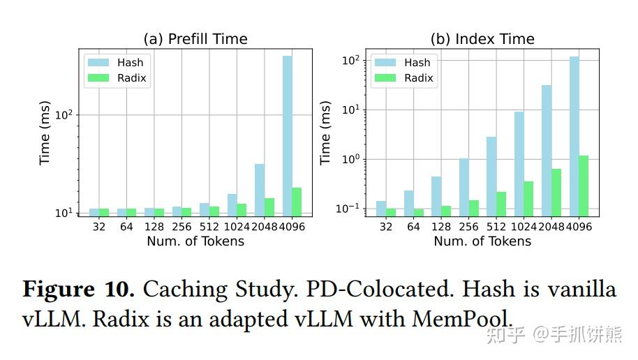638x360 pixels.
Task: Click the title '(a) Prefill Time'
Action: [x=195, y=39]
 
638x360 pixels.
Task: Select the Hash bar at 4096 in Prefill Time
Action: [x=287, y=135]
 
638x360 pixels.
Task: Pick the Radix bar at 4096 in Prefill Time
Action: [x=297, y=202]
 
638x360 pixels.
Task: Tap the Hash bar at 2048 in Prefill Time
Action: [x=259, y=190]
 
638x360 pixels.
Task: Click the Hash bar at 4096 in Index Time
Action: [x=574, y=136]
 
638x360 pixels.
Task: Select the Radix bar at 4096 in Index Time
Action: [x=584, y=186]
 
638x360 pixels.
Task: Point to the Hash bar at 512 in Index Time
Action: [x=491, y=176]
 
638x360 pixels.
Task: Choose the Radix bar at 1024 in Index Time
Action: [x=528, y=198]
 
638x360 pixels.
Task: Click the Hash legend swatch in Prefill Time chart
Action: [x=97, y=62]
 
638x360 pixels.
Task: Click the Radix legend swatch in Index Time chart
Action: [x=385, y=78]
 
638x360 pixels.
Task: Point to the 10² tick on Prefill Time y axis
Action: [x=65, y=114]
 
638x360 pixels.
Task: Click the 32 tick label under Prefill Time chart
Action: [x=98, y=227]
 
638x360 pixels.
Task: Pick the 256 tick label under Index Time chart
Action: [x=468, y=227]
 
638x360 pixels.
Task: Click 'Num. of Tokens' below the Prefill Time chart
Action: [x=195, y=241]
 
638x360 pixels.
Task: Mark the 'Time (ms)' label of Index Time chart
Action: [x=326, y=133]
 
